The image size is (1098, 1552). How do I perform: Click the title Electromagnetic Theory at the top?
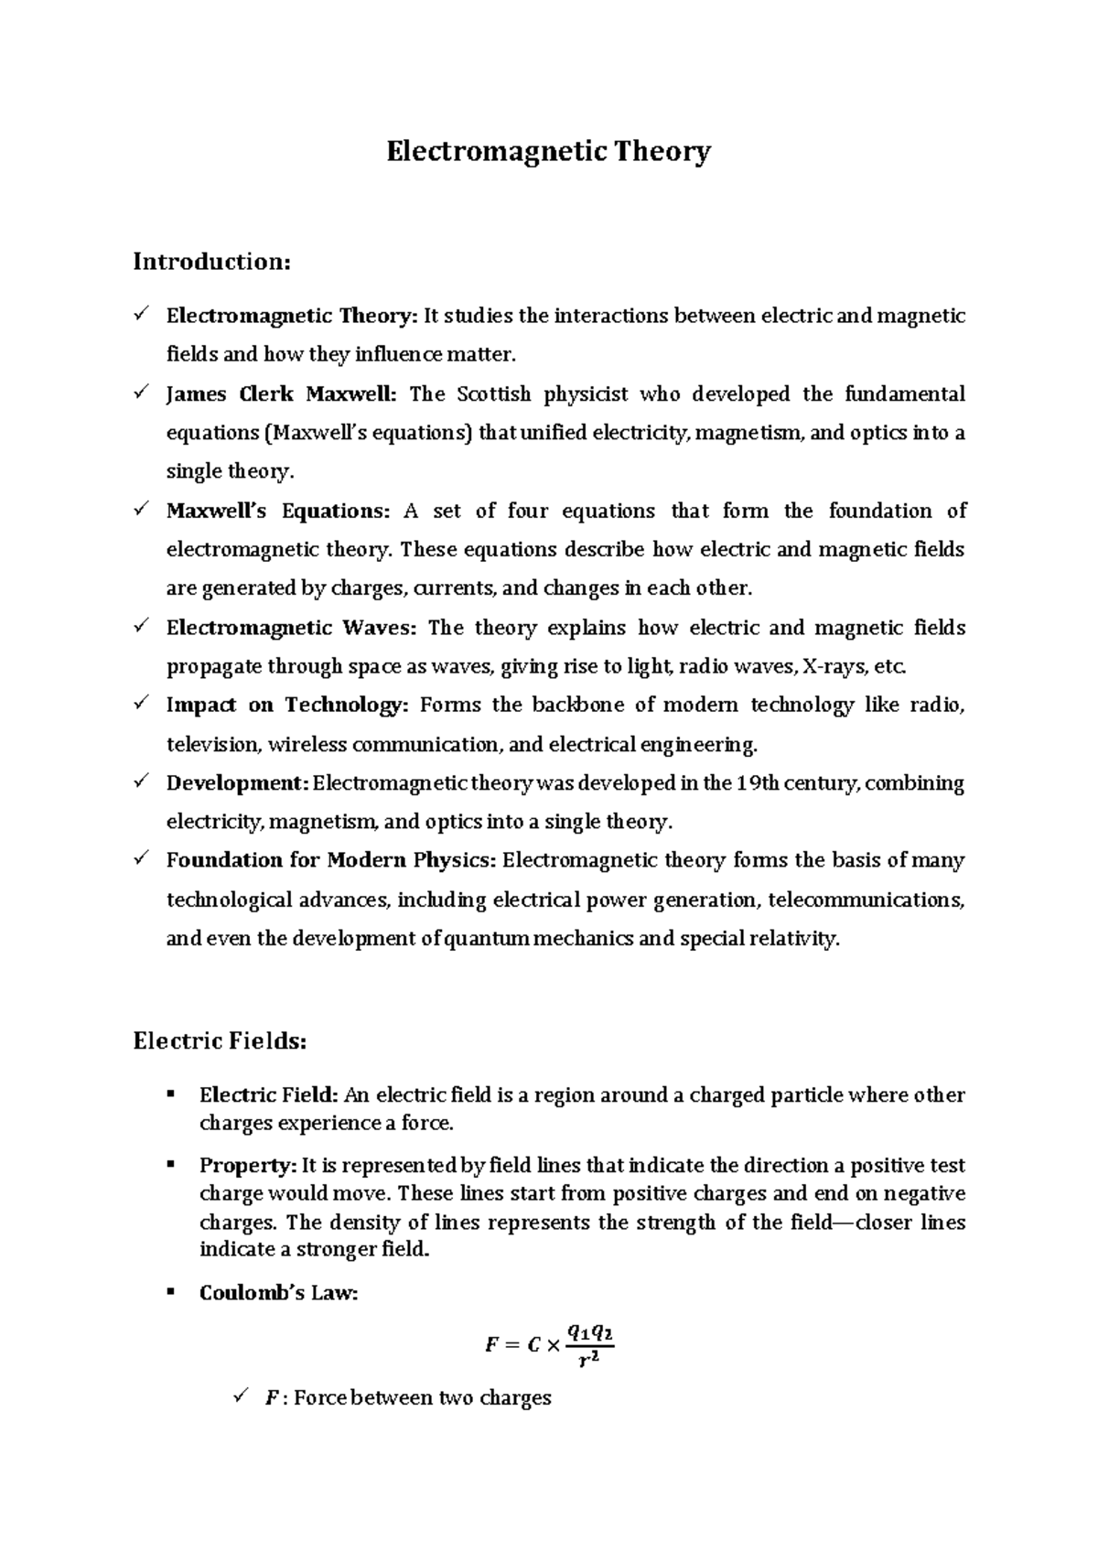point(548,151)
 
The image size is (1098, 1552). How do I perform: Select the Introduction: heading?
point(212,262)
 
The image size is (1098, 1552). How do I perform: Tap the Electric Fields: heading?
point(220,1041)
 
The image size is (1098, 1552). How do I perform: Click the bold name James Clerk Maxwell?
point(282,394)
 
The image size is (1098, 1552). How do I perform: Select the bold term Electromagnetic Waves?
point(291,628)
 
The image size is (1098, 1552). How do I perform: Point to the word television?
point(212,745)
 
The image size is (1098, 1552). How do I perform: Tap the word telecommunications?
point(866,900)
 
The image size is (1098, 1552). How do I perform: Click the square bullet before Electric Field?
point(170,1094)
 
